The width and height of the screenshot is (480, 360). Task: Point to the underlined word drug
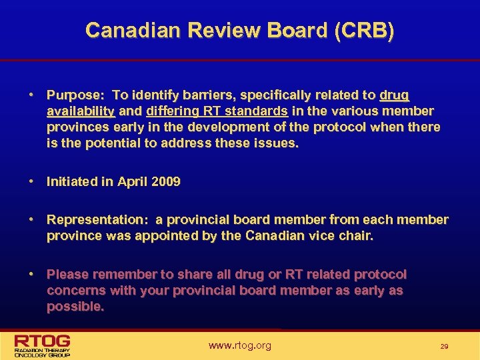(x=395, y=95)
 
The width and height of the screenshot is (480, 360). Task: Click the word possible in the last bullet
(x=75, y=307)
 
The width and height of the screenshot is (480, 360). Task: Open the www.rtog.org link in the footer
(x=240, y=345)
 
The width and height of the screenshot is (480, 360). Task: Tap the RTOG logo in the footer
(x=43, y=345)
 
